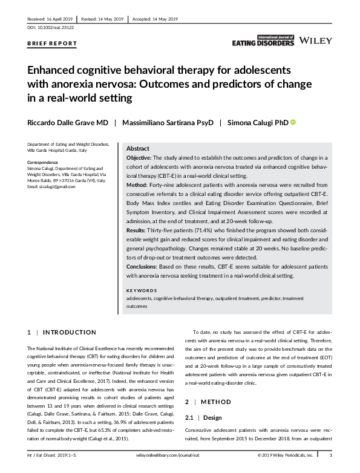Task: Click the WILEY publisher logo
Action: pyautogui.click(x=316, y=42)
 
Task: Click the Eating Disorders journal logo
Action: pyautogui.click(x=263, y=41)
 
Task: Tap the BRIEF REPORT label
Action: pyautogui.click(x=53, y=44)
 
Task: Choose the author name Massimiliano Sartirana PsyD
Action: pyautogui.click(x=168, y=123)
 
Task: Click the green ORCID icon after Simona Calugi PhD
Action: pyautogui.click(x=293, y=123)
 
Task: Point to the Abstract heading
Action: pyautogui.click(x=138, y=149)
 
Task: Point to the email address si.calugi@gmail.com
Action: pyautogui.click(x=51, y=186)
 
